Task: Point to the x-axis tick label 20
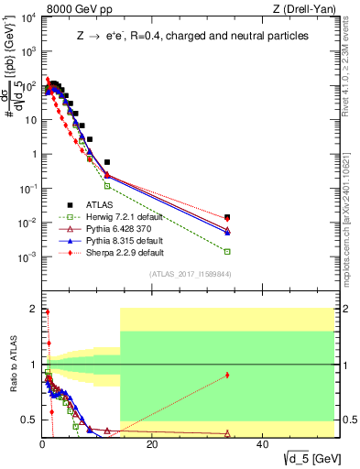point(153,444)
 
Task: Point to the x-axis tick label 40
point(263,444)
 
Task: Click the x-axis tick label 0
point(43,444)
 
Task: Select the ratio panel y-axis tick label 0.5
point(28,420)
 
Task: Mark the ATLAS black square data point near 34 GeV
point(227,217)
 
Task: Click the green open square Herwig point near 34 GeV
point(227,251)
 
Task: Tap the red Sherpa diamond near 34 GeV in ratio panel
point(227,375)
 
